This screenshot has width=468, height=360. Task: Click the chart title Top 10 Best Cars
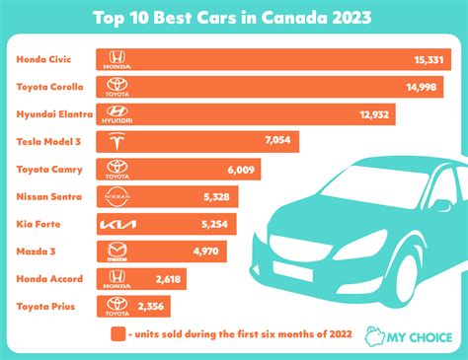233,17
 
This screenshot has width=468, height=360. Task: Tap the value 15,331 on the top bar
432,60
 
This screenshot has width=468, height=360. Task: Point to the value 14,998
424,88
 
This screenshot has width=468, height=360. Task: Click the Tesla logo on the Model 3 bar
118,143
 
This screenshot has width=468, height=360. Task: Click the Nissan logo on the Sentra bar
118,197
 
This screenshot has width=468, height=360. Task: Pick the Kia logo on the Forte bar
118,225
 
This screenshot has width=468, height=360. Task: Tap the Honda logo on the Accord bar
118,280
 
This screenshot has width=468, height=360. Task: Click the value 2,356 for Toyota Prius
160,307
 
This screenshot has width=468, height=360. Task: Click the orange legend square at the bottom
117,333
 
